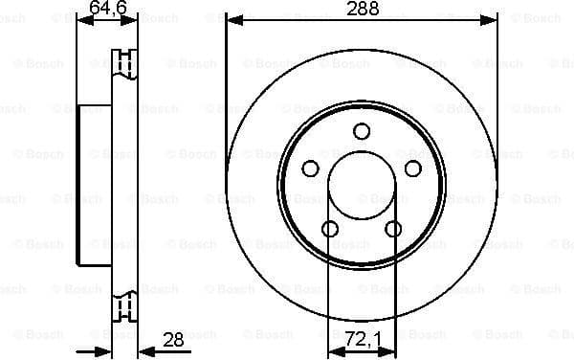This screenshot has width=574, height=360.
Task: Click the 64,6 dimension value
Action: point(107,9)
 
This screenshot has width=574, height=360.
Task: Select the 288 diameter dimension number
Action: point(363,9)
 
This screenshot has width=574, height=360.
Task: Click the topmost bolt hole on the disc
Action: point(361,132)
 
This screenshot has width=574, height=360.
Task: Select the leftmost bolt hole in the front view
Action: point(310,169)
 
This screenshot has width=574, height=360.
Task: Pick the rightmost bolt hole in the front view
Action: point(412,169)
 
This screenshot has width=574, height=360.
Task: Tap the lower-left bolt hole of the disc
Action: point(329,229)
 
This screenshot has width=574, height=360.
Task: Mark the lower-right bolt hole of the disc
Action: point(393,229)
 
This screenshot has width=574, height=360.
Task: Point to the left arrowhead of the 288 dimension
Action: point(232,19)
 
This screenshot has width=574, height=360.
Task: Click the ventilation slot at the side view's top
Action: point(125,62)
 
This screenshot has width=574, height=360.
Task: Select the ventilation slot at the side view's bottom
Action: point(125,306)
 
